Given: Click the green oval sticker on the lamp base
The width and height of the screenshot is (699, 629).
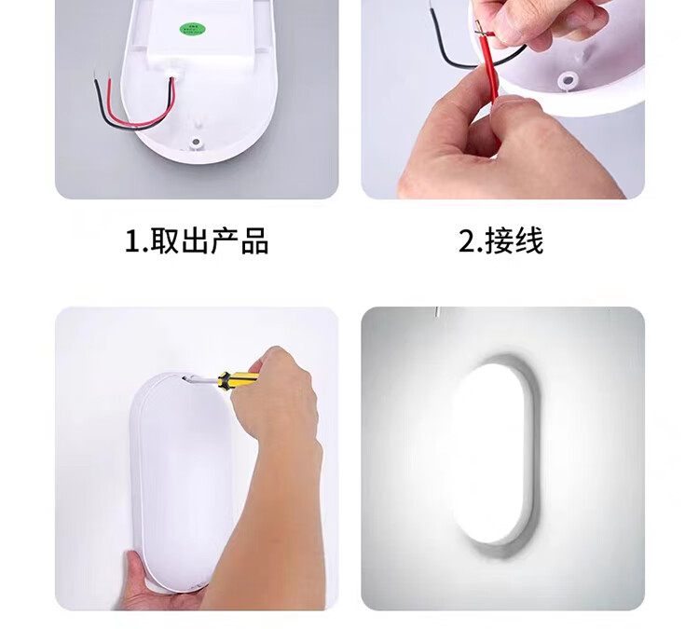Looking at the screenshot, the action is click(193, 30).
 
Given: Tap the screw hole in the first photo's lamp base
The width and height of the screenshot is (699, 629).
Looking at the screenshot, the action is click(196, 143).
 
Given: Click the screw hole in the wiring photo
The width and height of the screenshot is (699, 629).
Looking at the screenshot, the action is click(568, 81).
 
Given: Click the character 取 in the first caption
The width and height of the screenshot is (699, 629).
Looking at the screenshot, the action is click(164, 240).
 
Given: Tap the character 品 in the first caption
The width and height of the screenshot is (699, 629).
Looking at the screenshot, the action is click(254, 241).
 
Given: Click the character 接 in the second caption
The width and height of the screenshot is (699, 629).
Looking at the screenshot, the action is click(500, 240).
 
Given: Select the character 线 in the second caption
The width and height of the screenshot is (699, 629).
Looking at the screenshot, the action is click(529, 240).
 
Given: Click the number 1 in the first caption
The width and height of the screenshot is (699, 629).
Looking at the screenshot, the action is click(132, 241).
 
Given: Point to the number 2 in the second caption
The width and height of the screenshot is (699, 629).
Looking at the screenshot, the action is click(468, 241).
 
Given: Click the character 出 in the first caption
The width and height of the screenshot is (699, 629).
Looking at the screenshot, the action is click(195, 241).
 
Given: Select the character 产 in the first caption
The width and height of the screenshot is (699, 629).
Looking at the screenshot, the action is click(225, 241).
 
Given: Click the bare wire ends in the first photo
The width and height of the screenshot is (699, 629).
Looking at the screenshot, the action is click(102, 75).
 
